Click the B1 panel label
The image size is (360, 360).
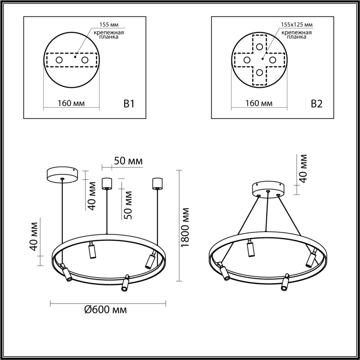click(128, 104)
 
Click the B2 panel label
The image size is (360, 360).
click(316, 104)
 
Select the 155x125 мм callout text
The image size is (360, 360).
click(297, 25)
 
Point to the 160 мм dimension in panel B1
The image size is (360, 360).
click(71, 103)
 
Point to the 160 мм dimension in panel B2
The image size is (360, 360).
click(259, 103)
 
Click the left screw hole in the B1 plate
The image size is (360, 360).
click(59, 60)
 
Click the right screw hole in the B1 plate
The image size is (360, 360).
click(85, 60)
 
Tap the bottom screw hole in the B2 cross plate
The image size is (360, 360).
click(260, 73)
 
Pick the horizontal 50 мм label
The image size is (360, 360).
click(128, 161)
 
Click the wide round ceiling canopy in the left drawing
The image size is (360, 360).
click(62, 174)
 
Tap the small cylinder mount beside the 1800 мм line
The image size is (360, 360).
click(158, 183)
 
